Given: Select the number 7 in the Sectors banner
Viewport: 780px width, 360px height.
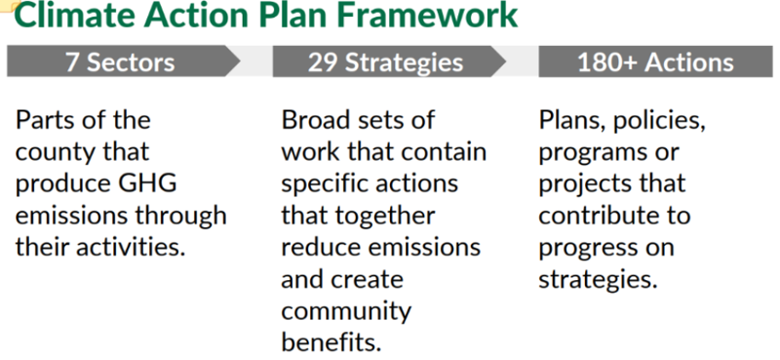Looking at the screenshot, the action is [72, 62].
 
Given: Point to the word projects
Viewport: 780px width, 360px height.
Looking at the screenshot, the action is [577, 184].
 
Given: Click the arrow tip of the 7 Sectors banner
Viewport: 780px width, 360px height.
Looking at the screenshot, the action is [240, 61].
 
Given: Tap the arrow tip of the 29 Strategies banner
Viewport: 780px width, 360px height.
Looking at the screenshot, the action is [506, 61].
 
